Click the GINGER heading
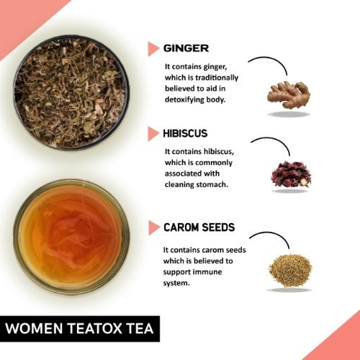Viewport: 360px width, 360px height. (x=186, y=48)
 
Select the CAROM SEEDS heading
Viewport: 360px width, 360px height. (x=199, y=228)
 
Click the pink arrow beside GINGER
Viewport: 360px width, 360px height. (x=153, y=49)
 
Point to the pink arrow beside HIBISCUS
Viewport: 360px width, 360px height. (x=153, y=134)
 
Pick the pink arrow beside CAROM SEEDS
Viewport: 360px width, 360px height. (x=153, y=228)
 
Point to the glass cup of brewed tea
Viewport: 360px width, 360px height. (x=70, y=235)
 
